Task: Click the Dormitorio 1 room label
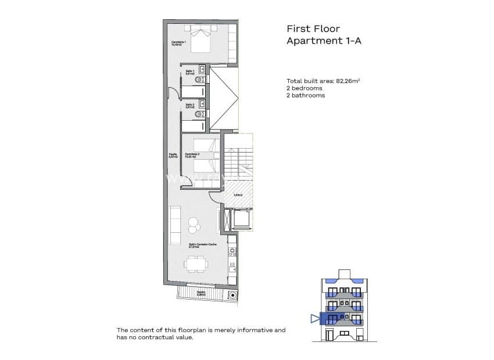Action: click(x=178, y=43)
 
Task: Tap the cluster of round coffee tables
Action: click(x=193, y=222)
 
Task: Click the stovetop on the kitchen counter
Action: click(x=232, y=252)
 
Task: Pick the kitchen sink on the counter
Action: click(x=232, y=268)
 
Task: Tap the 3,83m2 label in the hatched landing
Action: click(x=237, y=195)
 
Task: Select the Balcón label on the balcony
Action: click(x=201, y=293)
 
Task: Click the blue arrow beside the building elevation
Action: click(x=314, y=318)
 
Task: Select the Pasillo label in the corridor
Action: click(x=172, y=154)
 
